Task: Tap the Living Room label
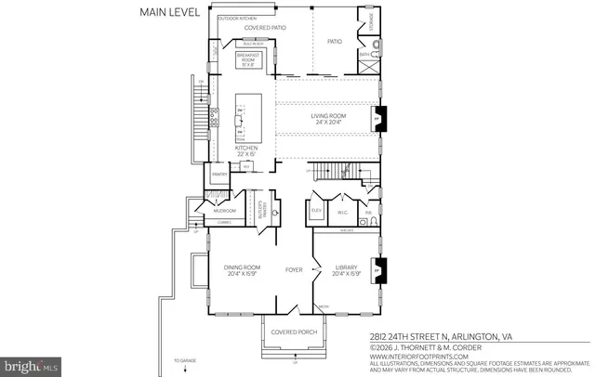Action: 327,118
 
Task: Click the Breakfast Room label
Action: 248,59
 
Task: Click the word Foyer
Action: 295,271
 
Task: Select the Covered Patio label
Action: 265,28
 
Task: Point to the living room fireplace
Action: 377,119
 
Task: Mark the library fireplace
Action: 377,271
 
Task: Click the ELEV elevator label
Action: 316,211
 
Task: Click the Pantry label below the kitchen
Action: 220,174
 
